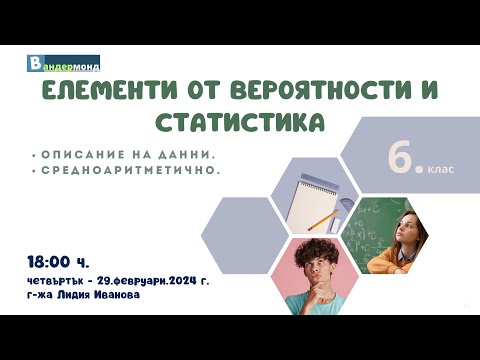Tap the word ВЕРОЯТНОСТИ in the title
click(309, 93)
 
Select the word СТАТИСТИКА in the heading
click(241, 123)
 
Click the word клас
click(443, 168)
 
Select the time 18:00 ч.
click(59, 262)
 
